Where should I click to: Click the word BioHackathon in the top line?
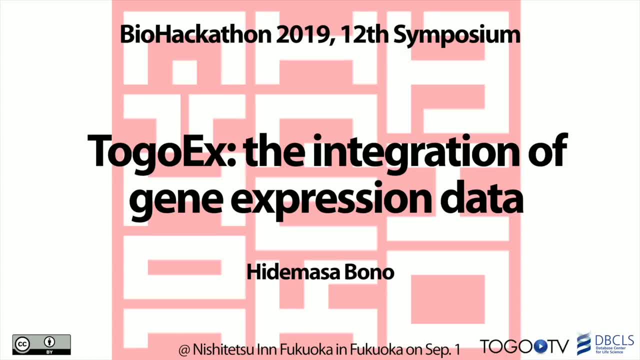[195, 34]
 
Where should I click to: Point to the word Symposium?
[457, 35]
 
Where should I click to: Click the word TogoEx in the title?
[161, 152]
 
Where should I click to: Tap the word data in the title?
[482, 196]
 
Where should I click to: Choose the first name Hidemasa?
[293, 272]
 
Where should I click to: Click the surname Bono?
[369, 272]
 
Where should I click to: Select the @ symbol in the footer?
[184, 350]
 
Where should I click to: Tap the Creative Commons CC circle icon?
[22, 344]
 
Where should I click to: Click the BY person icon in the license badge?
[49, 341]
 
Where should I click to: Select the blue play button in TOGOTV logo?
[540, 346]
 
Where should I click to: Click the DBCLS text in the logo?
[614, 340]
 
